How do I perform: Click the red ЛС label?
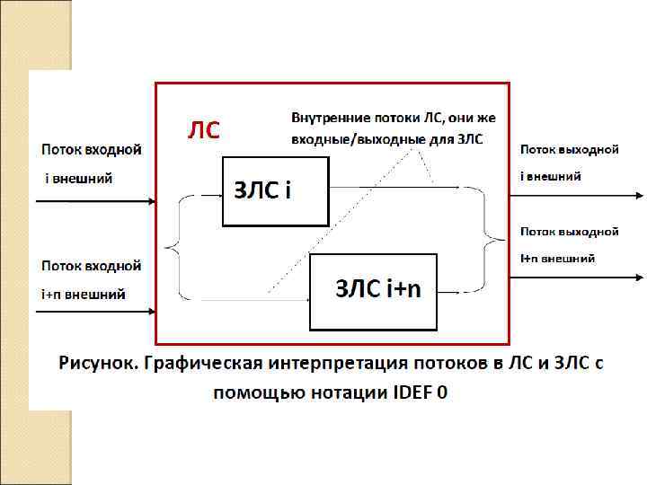coord(203,131)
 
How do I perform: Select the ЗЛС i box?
coord(275,191)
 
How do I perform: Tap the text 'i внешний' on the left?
coord(79,178)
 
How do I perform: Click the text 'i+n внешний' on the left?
coord(83,294)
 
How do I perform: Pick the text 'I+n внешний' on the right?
coord(557,259)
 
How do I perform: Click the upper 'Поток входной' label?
coord(91,148)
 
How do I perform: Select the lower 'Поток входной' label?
coord(91,266)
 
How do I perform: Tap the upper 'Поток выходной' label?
coord(570,148)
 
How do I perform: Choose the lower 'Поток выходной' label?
coord(570,231)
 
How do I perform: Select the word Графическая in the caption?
coord(203,365)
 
